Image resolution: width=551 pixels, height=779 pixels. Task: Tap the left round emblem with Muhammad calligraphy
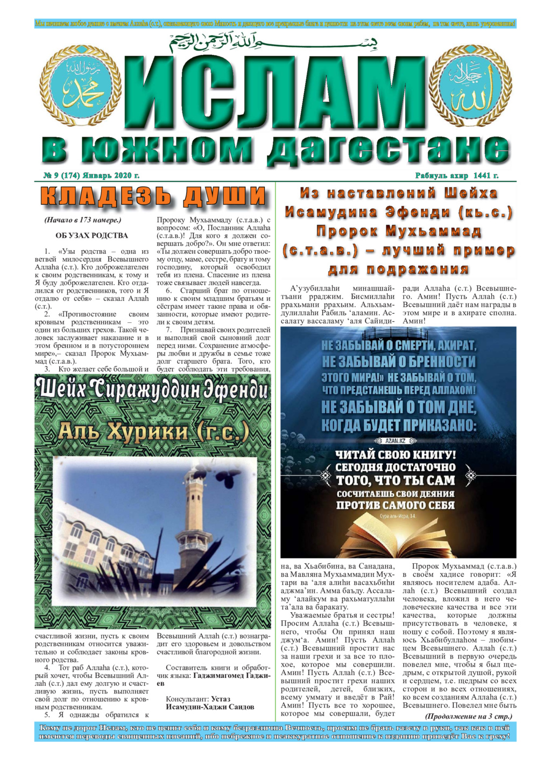pyautogui.click(x=88, y=86)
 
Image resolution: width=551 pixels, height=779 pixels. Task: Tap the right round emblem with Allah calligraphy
pyautogui.click(x=470, y=86)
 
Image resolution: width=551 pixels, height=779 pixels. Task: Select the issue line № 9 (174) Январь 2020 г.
pyautogui.click(x=91, y=175)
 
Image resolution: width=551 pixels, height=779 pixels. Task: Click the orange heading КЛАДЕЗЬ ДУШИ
pyautogui.click(x=153, y=196)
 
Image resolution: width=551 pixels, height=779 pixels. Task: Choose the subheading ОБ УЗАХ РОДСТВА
pyautogui.click(x=91, y=236)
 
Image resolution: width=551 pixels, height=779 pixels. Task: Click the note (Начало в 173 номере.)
pyautogui.click(x=83, y=220)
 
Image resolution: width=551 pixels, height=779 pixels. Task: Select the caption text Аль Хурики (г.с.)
pyautogui.click(x=153, y=432)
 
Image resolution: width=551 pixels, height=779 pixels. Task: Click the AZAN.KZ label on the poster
pyautogui.click(x=395, y=440)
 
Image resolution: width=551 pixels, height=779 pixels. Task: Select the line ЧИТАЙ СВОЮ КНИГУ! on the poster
pyautogui.click(x=395, y=455)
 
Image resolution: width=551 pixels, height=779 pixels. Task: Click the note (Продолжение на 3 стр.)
pyautogui.click(x=468, y=716)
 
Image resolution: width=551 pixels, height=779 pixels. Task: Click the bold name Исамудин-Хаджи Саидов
pyautogui.click(x=210, y=707)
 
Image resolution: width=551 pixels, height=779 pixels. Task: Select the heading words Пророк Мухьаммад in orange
pyautogui.click(x=398, y=232)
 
